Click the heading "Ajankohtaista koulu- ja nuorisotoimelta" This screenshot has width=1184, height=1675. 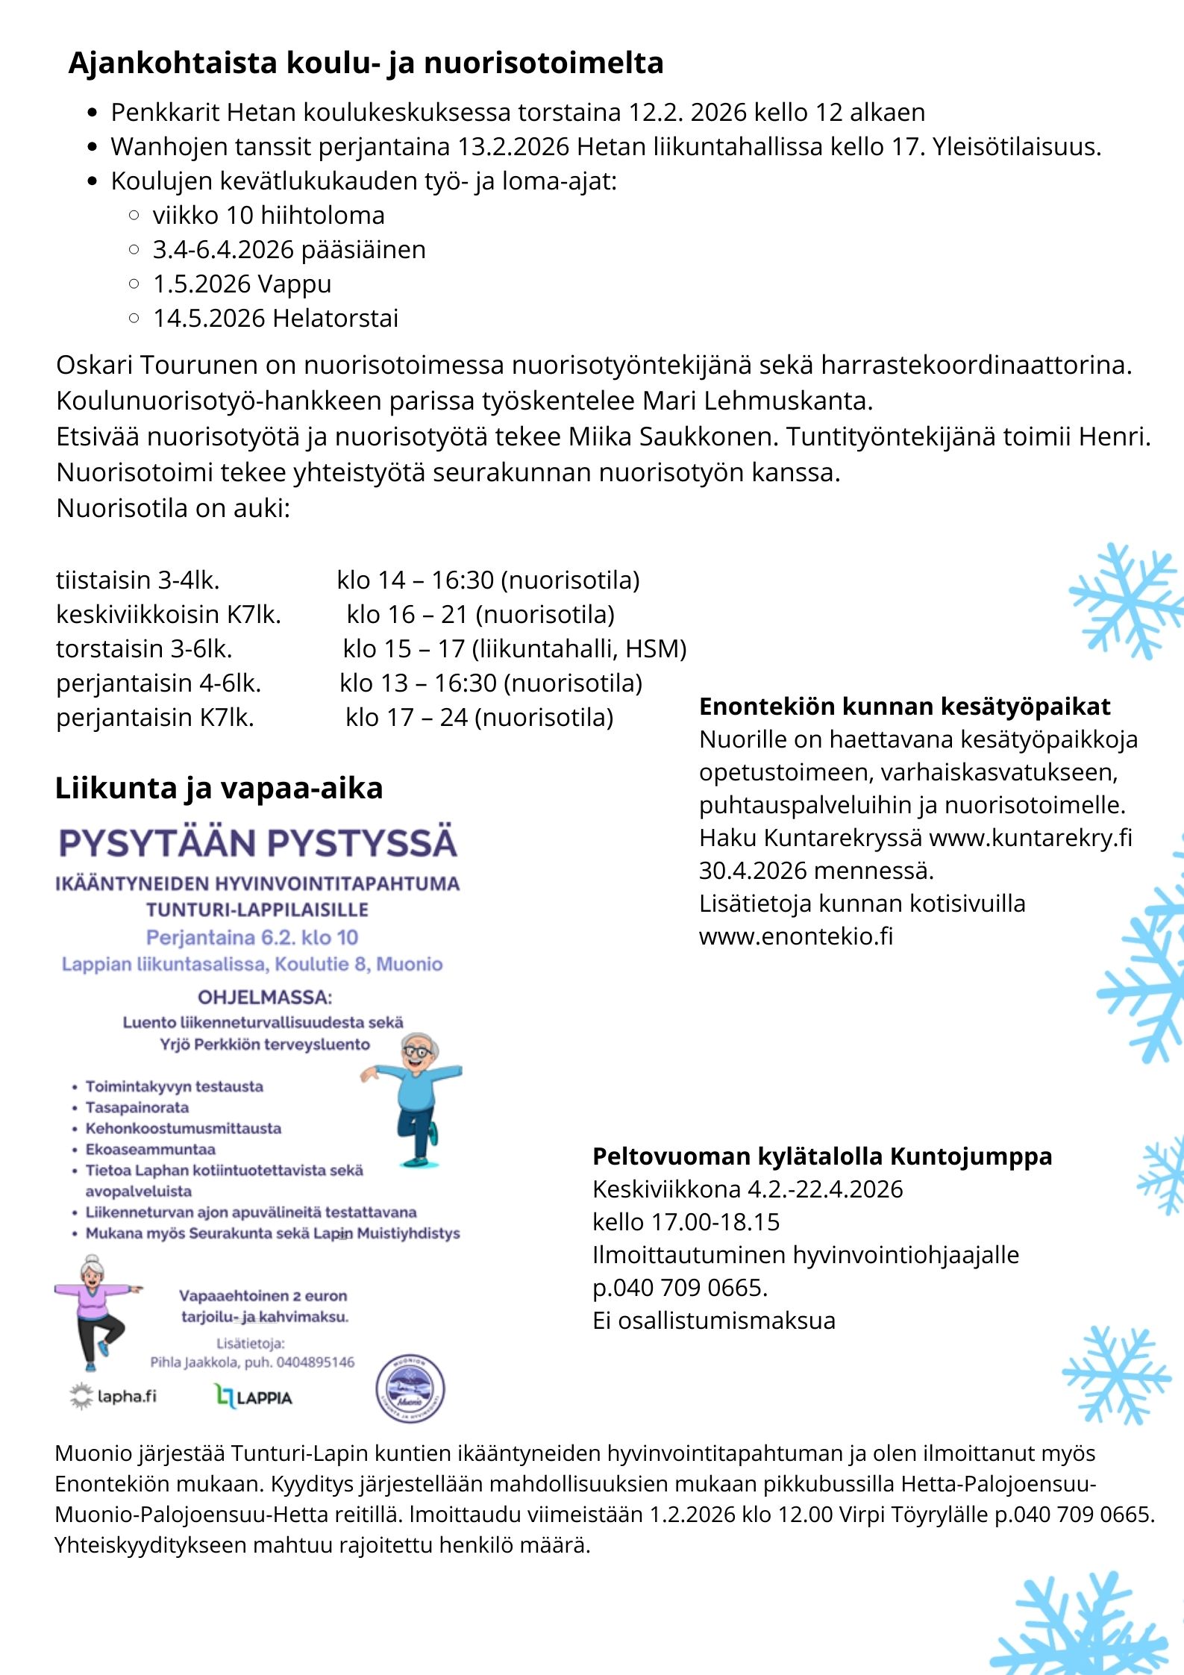366,63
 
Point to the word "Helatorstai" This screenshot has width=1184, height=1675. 336,319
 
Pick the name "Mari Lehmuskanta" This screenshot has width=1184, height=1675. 757,401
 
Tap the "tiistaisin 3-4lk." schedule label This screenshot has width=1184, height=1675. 138,580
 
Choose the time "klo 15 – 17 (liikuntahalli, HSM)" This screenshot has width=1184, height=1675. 514,649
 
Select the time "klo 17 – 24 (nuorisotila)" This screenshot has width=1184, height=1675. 479,718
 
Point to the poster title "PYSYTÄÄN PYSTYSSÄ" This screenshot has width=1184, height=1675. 258,843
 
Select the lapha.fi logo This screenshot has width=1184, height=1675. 113,1396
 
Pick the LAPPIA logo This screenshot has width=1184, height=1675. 254,1397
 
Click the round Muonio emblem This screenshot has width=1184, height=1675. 410,1388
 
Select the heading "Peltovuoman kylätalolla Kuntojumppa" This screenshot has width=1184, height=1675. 821,1156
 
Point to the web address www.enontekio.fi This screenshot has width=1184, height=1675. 795,936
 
